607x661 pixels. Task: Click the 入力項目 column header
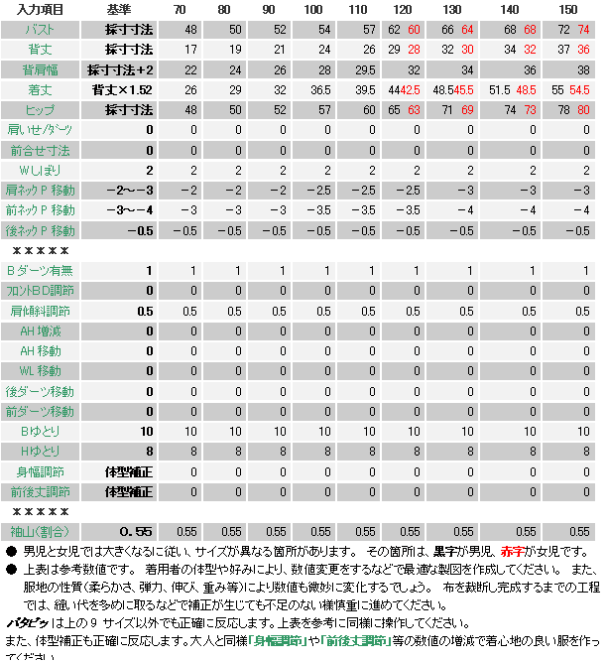[41, 9]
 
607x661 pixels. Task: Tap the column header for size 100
[313, 9]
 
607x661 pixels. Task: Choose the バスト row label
[41, 29]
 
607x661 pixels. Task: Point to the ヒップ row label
[41, 109]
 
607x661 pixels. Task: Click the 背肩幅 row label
[41, 69]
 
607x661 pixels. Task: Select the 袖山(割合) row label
[41, 531]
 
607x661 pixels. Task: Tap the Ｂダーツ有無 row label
[41, 271]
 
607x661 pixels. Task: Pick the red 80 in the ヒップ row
[583, 109]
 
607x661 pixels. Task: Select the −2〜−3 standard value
[131, 190]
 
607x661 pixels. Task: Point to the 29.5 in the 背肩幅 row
[365, 69]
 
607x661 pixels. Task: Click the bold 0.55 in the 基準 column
[136, 531]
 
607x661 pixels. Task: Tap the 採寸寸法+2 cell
[129, 69]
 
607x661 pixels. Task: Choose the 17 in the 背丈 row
[190, 49]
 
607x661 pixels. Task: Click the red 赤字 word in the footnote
[513, 551]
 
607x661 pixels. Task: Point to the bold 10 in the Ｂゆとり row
[147, 431]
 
